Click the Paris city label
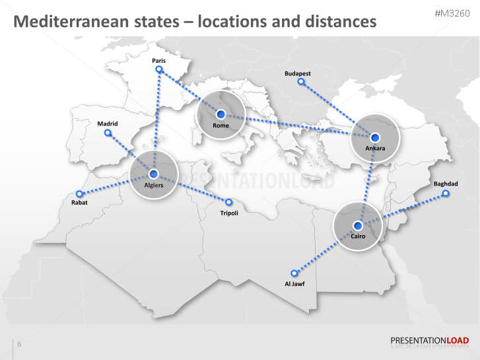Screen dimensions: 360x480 (x=158, y=61)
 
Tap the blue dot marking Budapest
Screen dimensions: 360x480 (x=301, y=82)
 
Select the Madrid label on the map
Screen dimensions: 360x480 (x=108, y=124)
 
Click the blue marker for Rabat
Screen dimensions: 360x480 (x=79, y=194)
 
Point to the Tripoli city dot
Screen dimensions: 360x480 (x=229, y=202)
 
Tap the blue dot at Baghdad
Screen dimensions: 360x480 (x=445, y=194)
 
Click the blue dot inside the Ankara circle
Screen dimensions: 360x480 (x=375, y=137)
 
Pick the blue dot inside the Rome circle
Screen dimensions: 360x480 (x=221, y=114)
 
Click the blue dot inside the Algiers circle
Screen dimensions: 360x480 (x=154, y=174)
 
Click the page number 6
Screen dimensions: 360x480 (x=19, y=344)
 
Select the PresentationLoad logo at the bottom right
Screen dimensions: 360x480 (x=429, y=341)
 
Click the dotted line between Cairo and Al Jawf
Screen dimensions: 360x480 (x=326, y=249)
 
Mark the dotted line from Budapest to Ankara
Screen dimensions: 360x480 (x=337, y=108)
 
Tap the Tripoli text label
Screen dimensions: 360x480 (x=229, y=213)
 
